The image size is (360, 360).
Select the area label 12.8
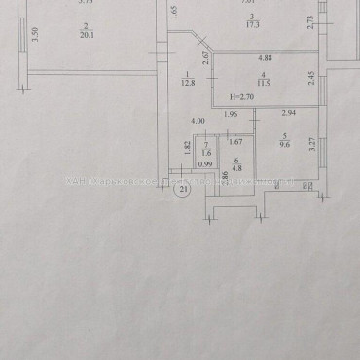pyautogui.click(x=187, y=83)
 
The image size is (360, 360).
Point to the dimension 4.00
pyautogui.click(x=198, y=122)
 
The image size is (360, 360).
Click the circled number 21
pyautogui.click(x=181, y=191)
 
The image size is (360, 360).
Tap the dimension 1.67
pyautogui.click(x=236, y=144)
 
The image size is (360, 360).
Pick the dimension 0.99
pyautogui.click(x=204, y=164)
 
